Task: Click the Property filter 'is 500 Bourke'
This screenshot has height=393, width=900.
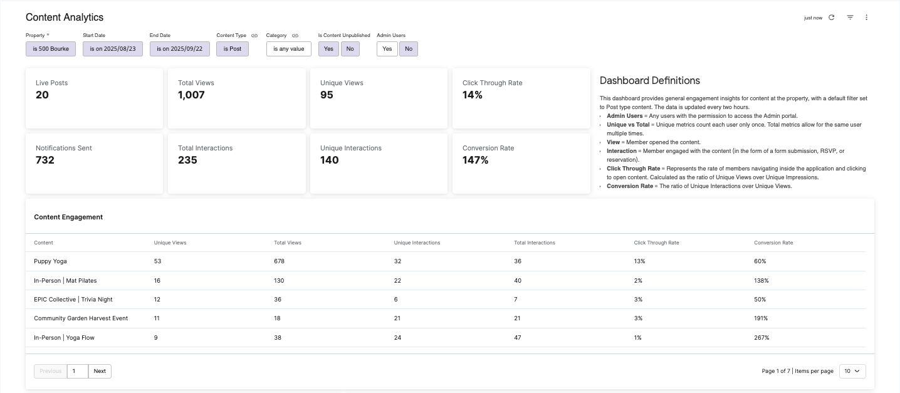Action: click(x=51, y=49)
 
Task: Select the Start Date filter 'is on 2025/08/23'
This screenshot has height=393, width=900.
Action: click(x=113, y=49)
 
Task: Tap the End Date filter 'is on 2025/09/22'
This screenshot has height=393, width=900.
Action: click(x=180, y=49)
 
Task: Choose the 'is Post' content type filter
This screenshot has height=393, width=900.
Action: click(x=233, y=49)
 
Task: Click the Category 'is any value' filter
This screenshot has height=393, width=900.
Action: click(x=288, y=49)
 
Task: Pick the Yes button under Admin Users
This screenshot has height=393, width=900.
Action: click(x=387, y=49)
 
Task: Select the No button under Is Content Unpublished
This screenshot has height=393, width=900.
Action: click(x=350, y=49)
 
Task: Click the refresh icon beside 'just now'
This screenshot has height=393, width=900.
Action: click(x=831, y=18)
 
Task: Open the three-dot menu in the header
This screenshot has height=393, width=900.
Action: click(x=866, y=18)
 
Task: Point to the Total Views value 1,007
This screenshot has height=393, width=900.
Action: click(x=191, y=95)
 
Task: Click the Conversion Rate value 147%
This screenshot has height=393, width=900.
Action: click(x=475, y=160)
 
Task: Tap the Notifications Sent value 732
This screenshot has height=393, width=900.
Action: click(x=45, y=160)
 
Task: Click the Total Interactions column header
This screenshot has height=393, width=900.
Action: click(x=535, y=243)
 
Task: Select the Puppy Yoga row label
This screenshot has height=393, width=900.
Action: click(x=50, y=261)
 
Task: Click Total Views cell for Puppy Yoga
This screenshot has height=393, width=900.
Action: click(x=280, y=261)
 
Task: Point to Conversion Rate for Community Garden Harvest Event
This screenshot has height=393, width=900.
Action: click(x=761, y=318)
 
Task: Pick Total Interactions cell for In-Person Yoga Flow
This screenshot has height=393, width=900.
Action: click(x=518, y=338)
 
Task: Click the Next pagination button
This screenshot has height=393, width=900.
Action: click(x=100, y=371)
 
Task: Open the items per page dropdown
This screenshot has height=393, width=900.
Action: click(x=852, y=371)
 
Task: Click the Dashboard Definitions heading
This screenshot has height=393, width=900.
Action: click(x=650, y=80)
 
